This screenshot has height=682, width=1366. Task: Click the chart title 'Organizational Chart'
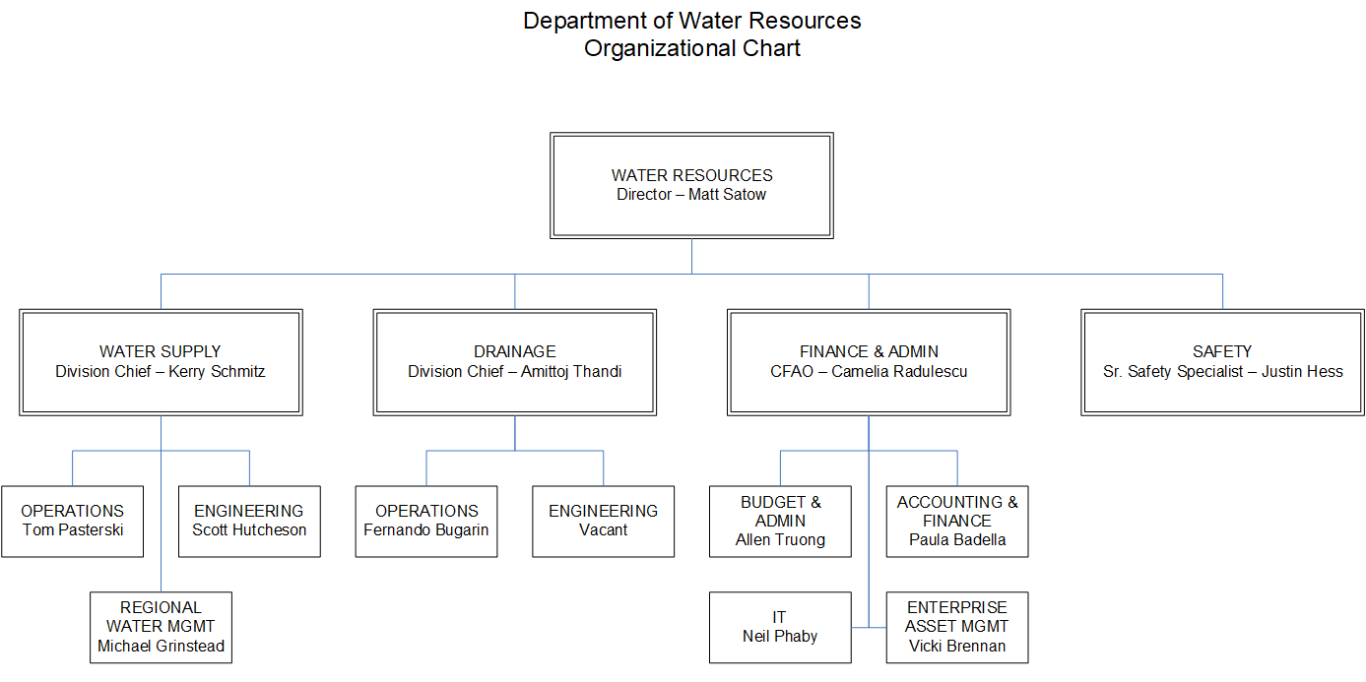tap(691, 48)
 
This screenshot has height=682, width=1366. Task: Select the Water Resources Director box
tap(691, 185)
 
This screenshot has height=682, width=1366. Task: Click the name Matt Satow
tap(727, 195)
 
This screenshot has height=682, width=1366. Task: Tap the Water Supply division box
tap(161, 361)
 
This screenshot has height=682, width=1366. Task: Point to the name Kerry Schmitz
tap(217, 372)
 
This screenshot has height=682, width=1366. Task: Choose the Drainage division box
tap(514, 361)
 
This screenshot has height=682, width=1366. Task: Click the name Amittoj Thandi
tap(571, 372)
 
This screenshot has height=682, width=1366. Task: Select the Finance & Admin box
tap(869, 361)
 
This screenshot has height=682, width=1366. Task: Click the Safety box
tap(1222, 361)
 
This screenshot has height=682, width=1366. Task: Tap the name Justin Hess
tap(1302, 372)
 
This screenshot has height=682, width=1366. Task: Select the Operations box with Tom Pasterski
tap(72, 521)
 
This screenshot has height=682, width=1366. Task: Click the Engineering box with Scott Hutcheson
tap(249, 521)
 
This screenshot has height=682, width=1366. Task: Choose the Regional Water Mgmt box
tap(161, 627)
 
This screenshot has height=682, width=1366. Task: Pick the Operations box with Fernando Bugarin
tap(426, 521)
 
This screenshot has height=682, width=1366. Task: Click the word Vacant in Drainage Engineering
tap(603, 530)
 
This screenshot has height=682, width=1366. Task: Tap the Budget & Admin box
tap(780, 521)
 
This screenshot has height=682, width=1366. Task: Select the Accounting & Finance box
tap(957, 521)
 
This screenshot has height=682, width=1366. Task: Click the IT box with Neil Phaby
tap(780, 627)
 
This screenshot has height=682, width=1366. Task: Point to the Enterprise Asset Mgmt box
tap(957, 627)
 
